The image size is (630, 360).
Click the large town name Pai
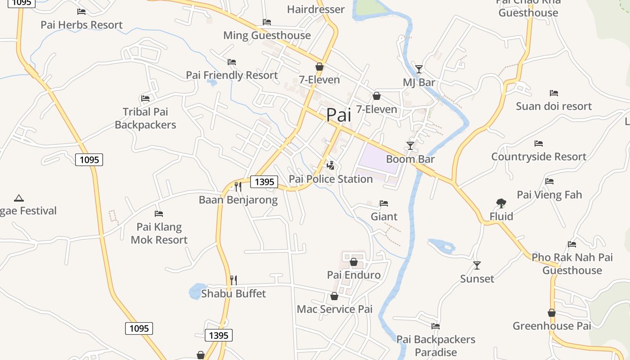coord(338,115)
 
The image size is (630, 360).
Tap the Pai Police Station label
coord(331,179)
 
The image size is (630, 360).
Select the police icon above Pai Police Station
coord(331,166)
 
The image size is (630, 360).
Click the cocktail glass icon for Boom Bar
coord(410,145)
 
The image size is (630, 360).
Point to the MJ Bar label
coord(419,82)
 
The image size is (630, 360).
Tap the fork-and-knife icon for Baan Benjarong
coord(238,186)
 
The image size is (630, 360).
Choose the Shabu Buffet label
coord(234,294)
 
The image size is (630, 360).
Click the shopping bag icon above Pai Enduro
coord(354,262)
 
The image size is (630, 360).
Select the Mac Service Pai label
coord(335,309)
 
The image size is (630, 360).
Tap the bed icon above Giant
coord(384,203)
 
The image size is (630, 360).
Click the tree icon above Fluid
coord(501,203)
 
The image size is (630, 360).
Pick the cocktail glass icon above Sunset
coord(477,265)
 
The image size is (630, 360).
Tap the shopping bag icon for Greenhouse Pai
coord(552,313)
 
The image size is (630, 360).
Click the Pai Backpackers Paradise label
coord(436,346)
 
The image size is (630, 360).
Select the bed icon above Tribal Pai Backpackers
coord(145,98)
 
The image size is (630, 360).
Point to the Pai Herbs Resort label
coord(81,25)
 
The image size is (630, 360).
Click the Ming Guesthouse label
coord(267,35)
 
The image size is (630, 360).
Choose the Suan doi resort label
coord(554,106)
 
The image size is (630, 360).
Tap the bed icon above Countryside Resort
coord(539,144)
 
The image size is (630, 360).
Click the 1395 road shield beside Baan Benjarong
coord(264,182)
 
